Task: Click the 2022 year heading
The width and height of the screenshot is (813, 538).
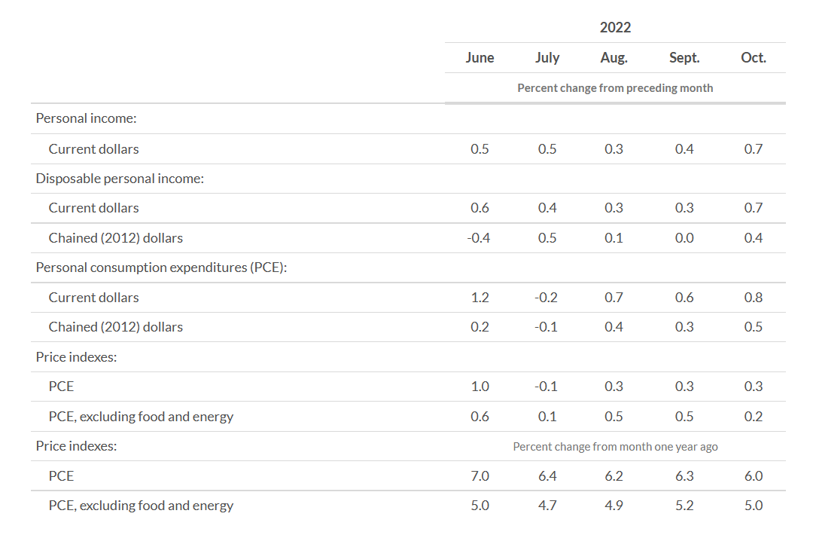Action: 615,28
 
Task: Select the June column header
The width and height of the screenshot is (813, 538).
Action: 480,58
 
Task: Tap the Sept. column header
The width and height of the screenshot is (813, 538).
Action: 684,58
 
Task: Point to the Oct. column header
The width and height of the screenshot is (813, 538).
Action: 753,58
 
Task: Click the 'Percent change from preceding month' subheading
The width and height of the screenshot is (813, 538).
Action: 615,88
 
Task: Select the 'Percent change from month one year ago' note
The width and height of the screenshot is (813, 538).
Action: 615,447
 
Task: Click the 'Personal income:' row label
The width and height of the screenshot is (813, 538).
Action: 85,119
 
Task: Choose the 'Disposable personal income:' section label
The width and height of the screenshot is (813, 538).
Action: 120,179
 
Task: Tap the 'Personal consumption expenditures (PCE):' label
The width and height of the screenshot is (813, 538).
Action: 160,267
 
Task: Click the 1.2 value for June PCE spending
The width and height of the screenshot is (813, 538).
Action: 480,298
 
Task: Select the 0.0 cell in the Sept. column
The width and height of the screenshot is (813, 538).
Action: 684,238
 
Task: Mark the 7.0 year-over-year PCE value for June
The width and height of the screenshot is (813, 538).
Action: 480,476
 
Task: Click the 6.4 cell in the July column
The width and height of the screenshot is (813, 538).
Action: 547,476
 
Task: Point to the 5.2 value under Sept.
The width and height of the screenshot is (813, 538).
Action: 684,506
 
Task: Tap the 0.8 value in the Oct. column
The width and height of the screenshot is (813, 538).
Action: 753,298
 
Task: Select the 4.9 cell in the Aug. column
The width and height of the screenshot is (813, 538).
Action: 614,506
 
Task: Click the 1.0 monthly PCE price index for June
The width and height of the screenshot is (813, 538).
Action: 480,387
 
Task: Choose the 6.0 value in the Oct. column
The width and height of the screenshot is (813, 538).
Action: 753,476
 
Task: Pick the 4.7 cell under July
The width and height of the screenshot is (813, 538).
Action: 547,506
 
